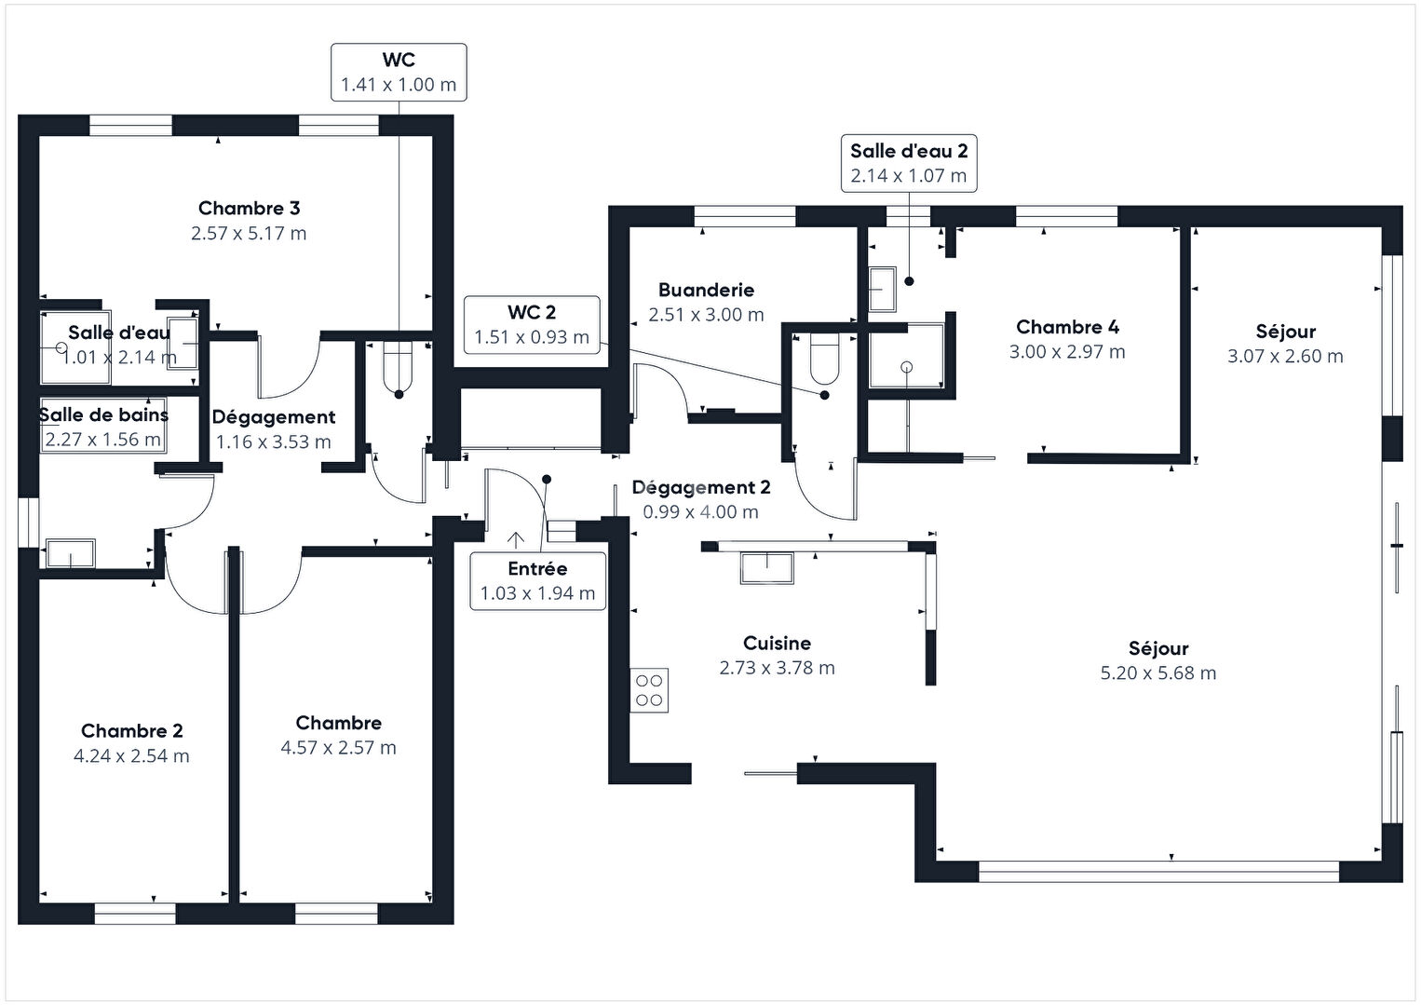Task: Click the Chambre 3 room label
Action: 249,209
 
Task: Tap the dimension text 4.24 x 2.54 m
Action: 131,756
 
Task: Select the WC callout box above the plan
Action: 399,72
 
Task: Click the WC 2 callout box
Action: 532,324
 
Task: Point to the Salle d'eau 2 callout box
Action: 909,163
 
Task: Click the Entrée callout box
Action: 537,580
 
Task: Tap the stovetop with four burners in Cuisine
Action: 649,690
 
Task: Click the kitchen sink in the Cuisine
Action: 766,567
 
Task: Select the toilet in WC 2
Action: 825,359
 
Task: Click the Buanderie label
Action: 706,291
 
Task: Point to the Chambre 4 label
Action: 1067,327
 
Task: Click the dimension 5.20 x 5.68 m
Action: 1158,673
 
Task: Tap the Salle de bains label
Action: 103,415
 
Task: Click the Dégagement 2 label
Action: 701,488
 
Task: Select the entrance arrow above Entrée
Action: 515,539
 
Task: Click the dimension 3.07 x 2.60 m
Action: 1285,356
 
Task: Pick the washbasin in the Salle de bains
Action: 71,553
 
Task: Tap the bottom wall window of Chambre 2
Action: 135,914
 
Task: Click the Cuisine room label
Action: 777,644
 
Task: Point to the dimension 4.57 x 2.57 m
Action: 338,748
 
